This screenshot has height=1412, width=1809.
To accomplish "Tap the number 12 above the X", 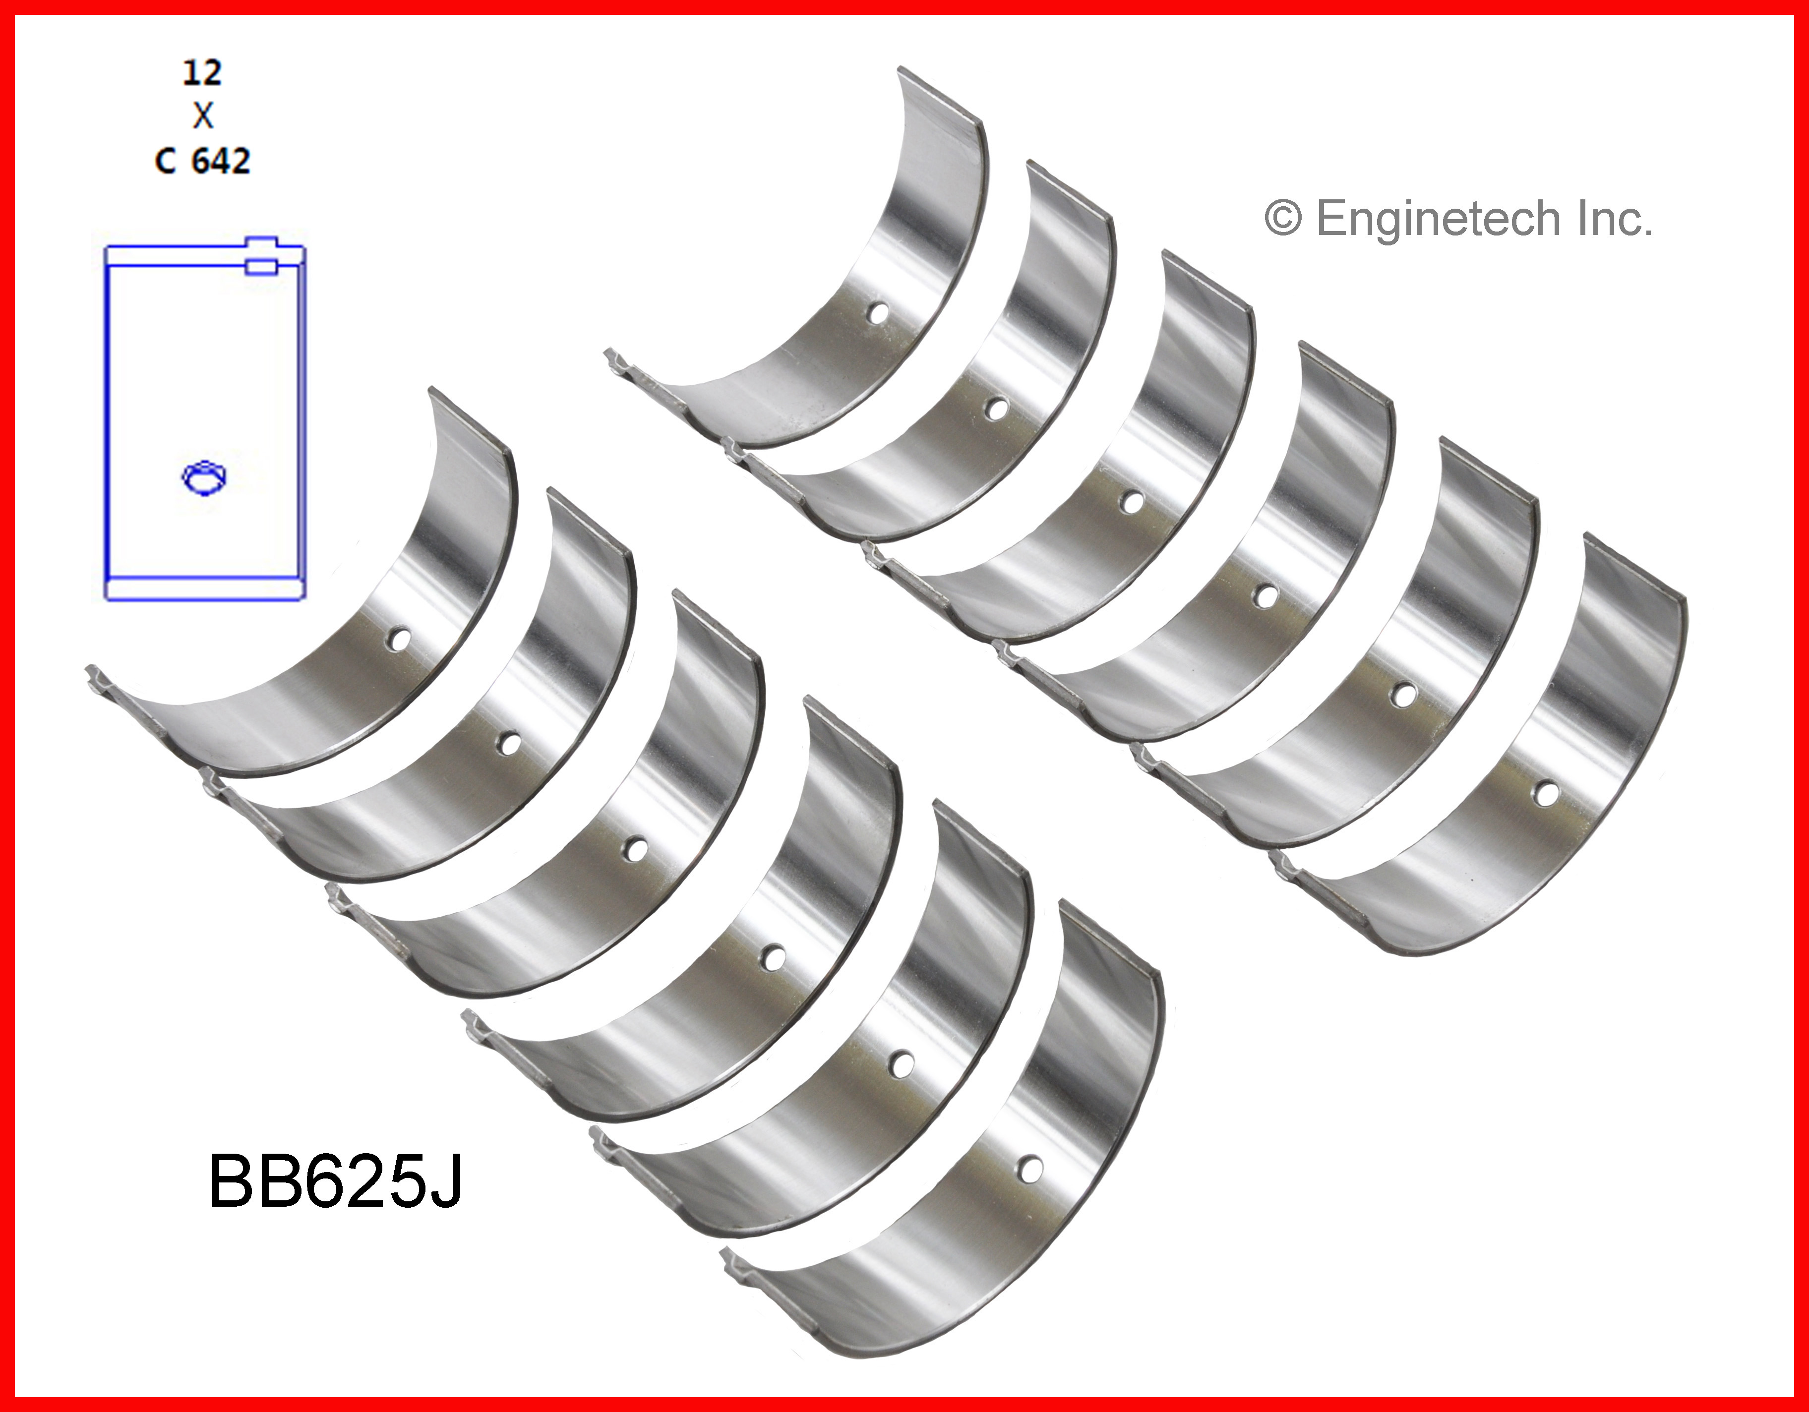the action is pyautogui.click(x=202, y=73).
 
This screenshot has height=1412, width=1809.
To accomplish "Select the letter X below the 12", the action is pyautogui.click(x=203, y=116).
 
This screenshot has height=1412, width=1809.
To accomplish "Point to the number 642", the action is pyautogui.click(x=220, y=161).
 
